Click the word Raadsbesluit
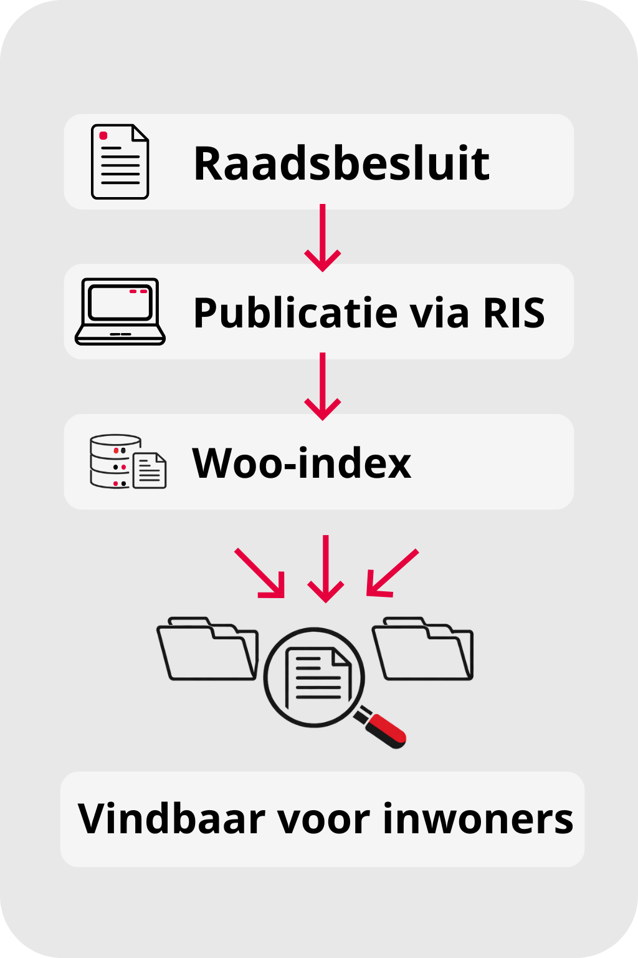[x=341, y=163]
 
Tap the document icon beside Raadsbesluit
[x=120, y=162]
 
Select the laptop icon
[x=120, y=311]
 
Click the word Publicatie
[x=293, y=312]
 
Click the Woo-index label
[x=302, y=463]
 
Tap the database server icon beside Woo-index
[x=115, y=462]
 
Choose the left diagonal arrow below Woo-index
[x=260, y=573]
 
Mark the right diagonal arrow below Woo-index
[x=392, y=573]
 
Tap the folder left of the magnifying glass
[x=207, y=650]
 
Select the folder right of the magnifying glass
[x=423, y=650]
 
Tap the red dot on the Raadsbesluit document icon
[x=103, y=135]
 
